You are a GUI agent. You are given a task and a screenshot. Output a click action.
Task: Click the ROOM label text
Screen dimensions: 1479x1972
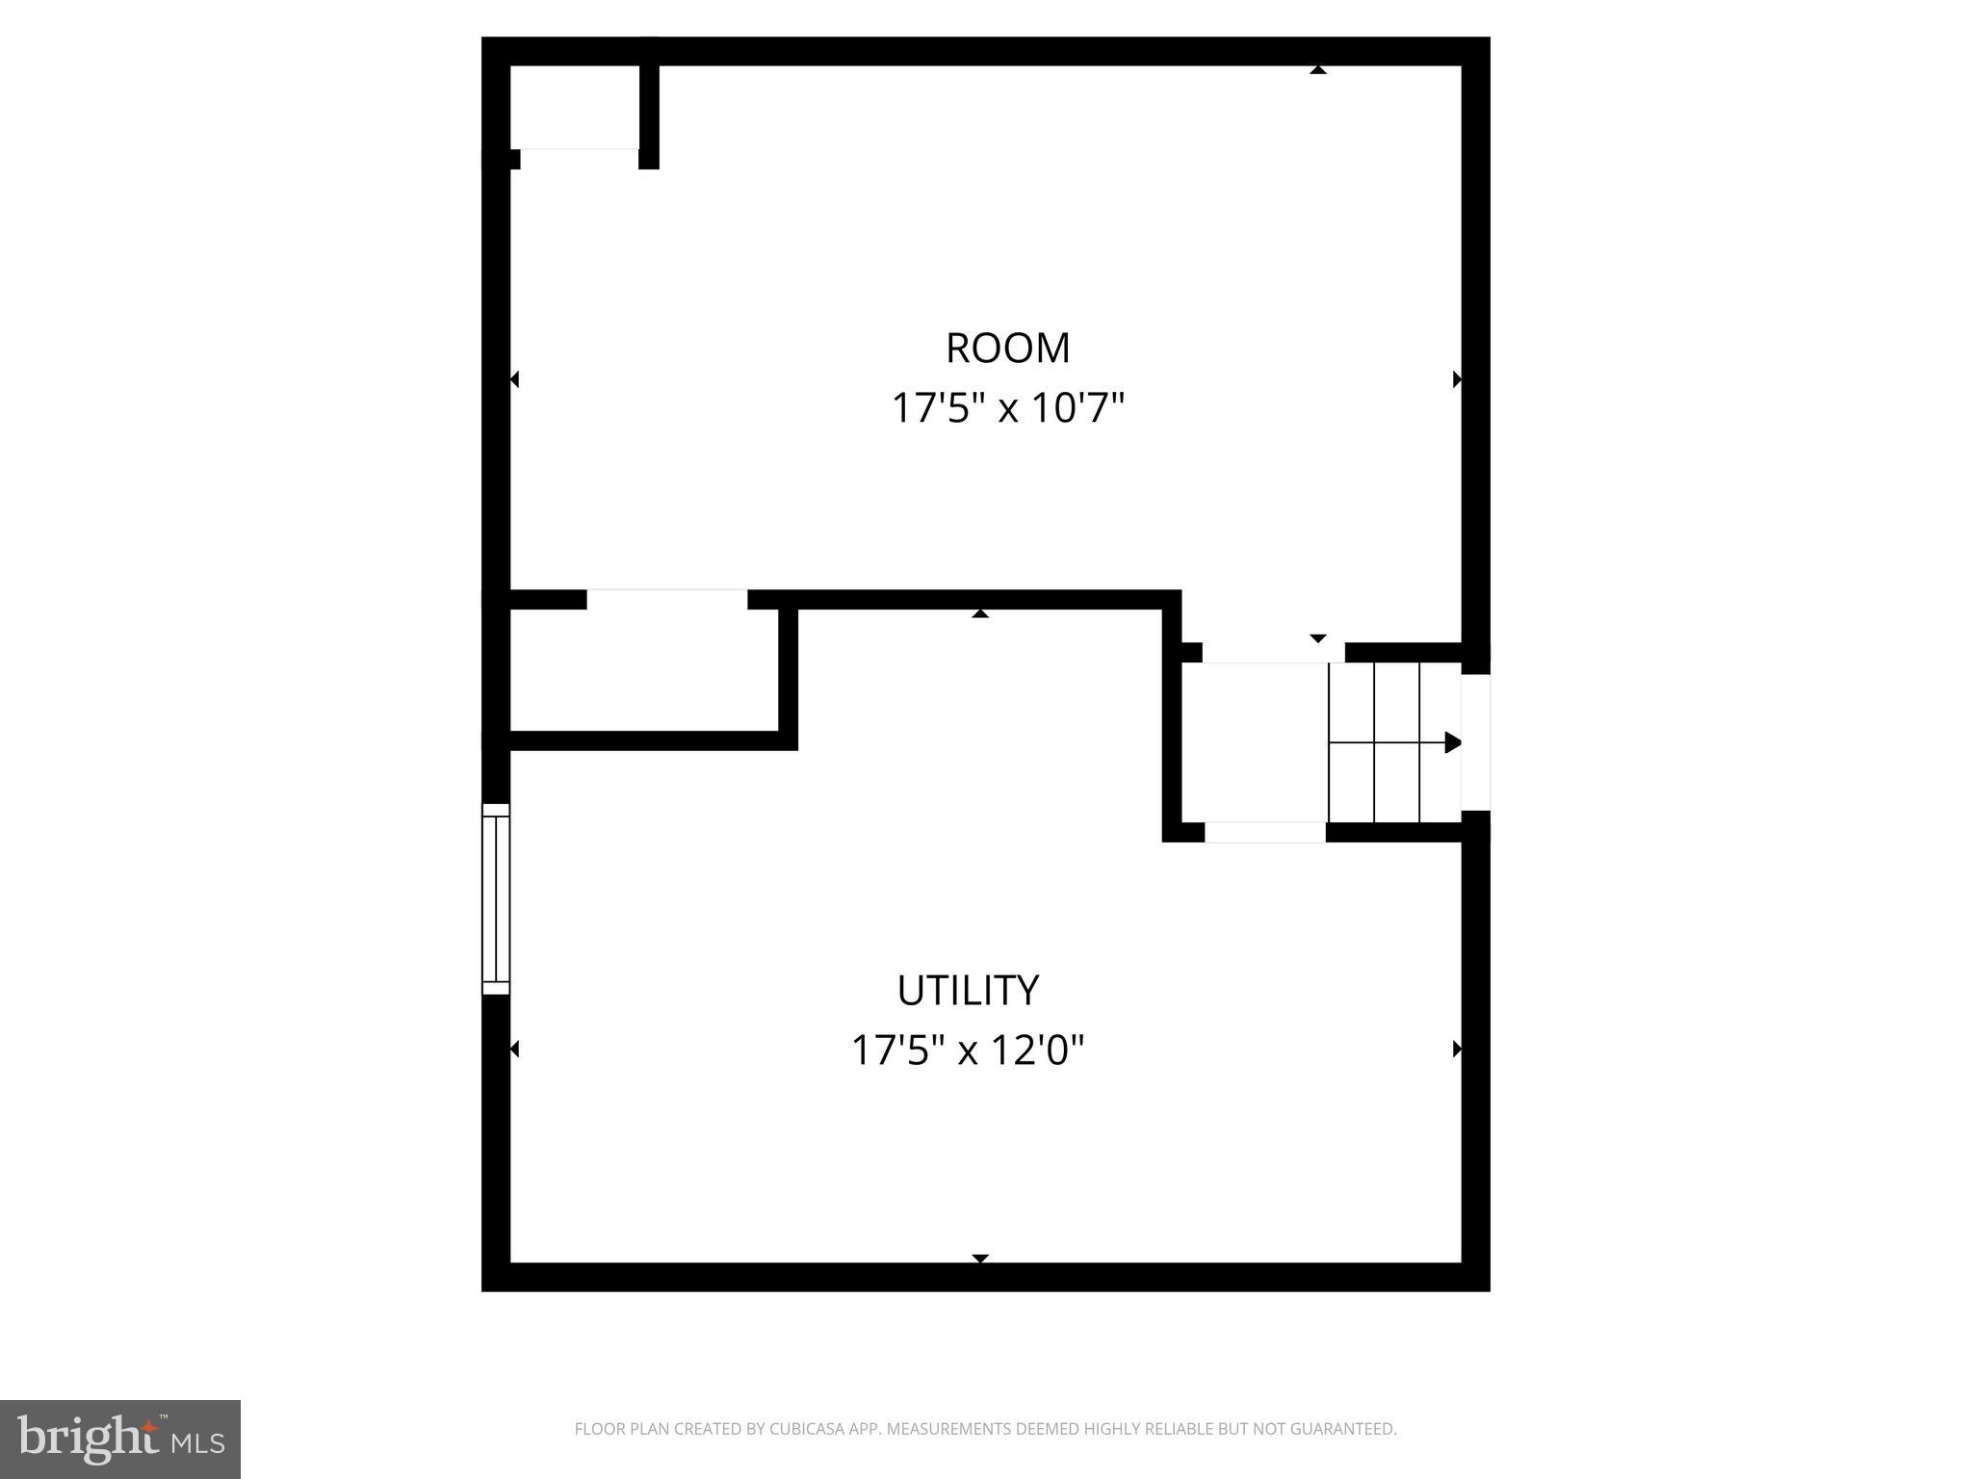pos(1007,349)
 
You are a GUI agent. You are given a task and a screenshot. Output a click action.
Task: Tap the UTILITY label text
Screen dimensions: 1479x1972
pos(968,991)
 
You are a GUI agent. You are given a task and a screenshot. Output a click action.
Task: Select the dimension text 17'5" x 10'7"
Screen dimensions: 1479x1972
pos(1007,408)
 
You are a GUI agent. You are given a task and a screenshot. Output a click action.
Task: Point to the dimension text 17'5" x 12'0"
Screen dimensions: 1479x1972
pos(968,1051)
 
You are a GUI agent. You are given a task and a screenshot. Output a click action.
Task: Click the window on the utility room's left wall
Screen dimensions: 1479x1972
pos(495,898)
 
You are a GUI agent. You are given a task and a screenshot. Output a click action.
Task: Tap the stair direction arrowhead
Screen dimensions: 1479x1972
pos(1453,742)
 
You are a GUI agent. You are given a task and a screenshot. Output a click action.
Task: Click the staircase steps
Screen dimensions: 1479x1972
pos(1394,742)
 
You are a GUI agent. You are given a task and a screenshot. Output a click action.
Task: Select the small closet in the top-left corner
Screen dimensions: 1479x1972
pos(574,106)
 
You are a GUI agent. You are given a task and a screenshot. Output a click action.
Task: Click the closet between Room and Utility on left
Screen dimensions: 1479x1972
pos(643,670)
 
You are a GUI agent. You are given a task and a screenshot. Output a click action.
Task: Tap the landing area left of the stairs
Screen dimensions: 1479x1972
pos(1255,741)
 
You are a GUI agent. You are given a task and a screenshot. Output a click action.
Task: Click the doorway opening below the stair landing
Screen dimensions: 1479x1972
pos(1264,833)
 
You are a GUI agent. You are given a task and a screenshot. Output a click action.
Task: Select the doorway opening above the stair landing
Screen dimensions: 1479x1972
pos(1272,653)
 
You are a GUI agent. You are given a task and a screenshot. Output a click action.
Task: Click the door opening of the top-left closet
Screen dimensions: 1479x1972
pos(579,159)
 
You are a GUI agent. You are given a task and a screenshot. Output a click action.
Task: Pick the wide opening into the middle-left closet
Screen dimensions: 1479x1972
pos(666,600)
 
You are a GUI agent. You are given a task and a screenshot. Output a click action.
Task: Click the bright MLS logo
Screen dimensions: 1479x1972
pos(120,1439)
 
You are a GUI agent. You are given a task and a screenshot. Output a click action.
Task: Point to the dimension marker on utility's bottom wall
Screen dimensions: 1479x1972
pos(980,1258)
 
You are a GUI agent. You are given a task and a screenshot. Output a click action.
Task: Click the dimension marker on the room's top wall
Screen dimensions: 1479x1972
pos(1318,69)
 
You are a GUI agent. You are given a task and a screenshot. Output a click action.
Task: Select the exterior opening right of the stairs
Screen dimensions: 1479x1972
pos(1476,742)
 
